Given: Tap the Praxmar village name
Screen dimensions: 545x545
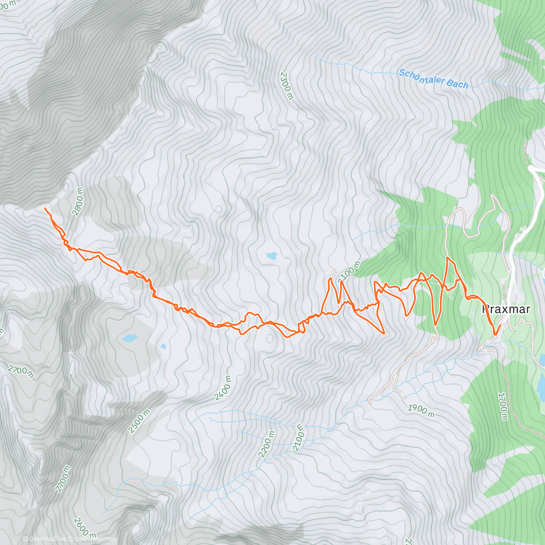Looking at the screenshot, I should click(505, 310).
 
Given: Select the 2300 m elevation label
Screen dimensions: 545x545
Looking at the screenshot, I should click(287, 85).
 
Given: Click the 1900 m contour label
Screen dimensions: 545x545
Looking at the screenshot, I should click(421, 411).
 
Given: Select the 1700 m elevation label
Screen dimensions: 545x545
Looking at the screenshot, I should click(503, 406).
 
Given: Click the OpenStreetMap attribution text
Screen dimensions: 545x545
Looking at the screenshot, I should click(95, 539).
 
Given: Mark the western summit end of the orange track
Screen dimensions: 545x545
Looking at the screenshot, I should click(45, 208).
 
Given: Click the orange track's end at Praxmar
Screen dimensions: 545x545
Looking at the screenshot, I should click(500, 325).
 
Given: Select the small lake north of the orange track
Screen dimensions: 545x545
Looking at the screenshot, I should click(272, 256).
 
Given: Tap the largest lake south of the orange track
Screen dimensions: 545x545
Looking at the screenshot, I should click(129, 338).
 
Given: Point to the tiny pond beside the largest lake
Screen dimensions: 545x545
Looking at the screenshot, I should click(163, 346).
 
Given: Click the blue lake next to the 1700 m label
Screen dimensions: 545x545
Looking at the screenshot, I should click(540, 384).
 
